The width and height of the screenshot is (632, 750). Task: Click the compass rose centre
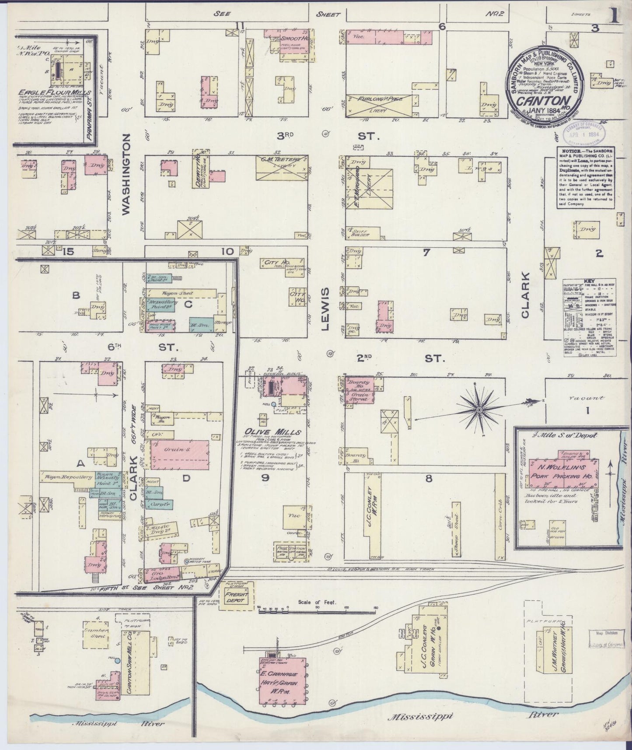[479, 410]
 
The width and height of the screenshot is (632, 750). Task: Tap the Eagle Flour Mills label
[55, 93]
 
